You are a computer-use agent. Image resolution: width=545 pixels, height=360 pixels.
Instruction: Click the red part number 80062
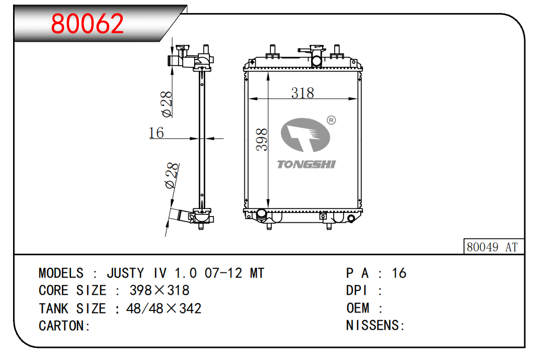[88, 23]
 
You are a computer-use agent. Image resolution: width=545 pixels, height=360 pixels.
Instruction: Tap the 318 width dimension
[302, 93]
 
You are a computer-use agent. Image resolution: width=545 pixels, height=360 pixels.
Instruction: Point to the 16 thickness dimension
[157, 133]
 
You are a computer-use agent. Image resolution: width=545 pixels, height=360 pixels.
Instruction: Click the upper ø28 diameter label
[167, 104]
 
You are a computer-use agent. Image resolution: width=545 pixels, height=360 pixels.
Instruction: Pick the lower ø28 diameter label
[172, 176]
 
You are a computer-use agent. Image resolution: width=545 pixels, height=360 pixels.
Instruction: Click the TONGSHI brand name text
[306, 165]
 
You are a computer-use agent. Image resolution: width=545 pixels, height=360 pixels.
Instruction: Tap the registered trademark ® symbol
[331, 121]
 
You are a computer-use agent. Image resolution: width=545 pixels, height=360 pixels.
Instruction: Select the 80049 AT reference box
[493, 247]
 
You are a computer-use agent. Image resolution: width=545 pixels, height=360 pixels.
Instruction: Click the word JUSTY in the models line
[125, 273]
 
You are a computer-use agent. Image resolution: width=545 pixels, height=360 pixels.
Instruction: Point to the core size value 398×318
[159, 291]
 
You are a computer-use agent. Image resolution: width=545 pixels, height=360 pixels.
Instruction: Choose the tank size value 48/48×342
[163, 308]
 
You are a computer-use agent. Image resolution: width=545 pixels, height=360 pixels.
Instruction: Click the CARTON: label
[65, 326]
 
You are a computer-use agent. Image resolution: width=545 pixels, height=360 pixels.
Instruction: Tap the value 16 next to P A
[399, 273]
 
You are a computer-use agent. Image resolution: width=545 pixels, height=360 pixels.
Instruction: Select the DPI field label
[358, 291]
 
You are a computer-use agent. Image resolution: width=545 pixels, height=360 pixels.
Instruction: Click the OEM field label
[358, 308]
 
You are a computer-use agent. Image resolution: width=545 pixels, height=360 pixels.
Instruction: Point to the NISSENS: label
[376, 326]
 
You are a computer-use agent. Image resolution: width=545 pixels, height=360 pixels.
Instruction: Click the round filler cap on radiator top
[316, 61]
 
